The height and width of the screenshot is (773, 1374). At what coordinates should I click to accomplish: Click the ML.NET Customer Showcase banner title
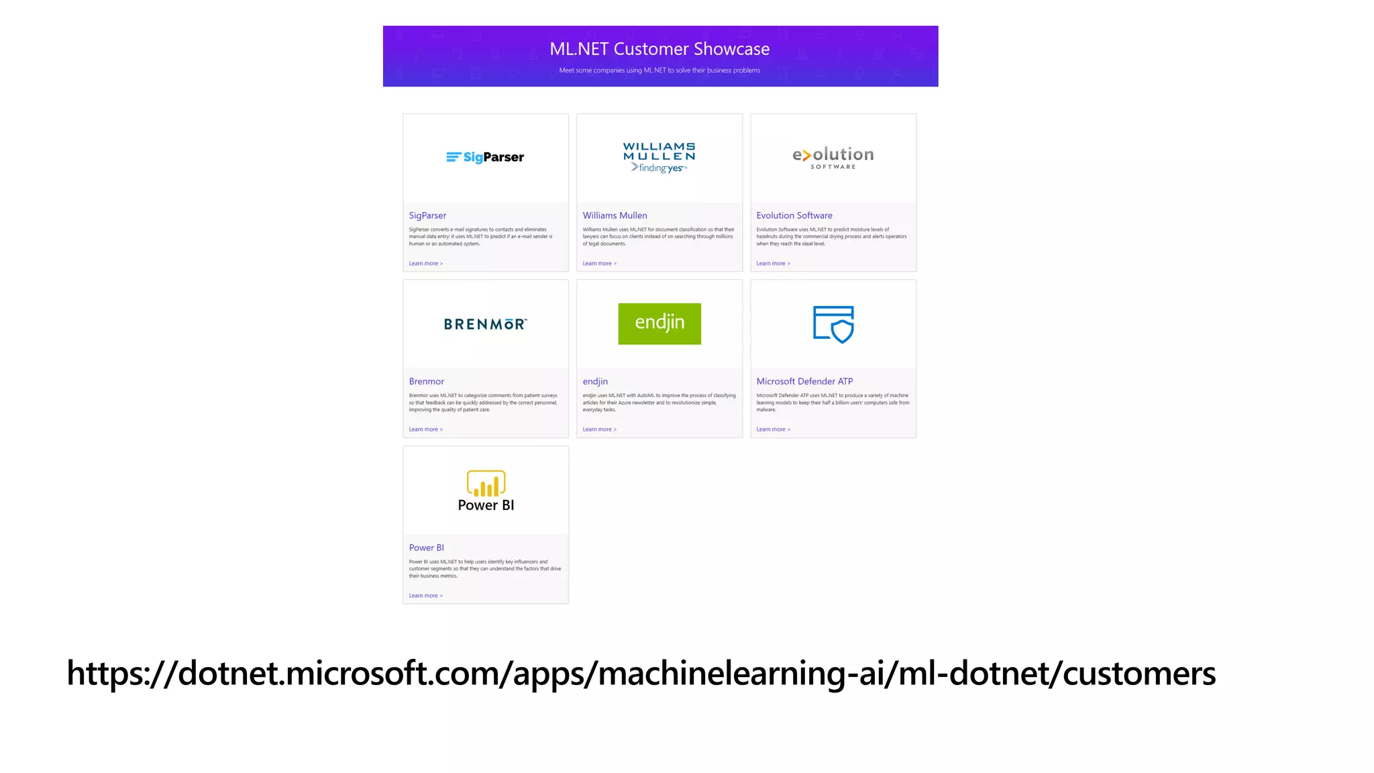[659, 49]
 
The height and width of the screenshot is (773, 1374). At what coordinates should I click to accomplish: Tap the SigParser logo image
[485, 157]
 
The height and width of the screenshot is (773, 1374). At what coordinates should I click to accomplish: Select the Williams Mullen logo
[659, 157]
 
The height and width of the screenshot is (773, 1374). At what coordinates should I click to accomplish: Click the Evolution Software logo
[833, 157]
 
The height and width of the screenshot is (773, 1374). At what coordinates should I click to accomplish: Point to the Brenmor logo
[485, 324]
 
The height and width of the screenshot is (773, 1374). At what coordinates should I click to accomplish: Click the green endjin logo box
[659, 323]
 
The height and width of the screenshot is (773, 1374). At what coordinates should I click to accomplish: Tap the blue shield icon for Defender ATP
[833, 324]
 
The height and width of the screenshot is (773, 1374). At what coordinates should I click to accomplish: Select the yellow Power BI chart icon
[486, 483]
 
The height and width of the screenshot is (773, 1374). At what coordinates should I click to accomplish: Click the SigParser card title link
[427, 215]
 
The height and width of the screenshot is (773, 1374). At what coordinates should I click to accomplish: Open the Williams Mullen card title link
[615, 215]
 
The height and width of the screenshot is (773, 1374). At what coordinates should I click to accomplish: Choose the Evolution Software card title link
[794, 215]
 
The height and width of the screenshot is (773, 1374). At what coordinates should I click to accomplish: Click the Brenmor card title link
[427, 381]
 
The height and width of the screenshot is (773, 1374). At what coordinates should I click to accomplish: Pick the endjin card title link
[595, 381]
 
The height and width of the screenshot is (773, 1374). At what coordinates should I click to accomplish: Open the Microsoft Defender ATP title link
[804, 381]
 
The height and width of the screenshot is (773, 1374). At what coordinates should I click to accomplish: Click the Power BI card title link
[427, 548]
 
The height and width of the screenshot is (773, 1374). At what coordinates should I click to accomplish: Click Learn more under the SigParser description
[425, 264]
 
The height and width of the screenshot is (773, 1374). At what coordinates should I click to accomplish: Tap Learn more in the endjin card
[599, 429]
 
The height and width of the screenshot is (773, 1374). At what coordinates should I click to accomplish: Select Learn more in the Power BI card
[425, 596]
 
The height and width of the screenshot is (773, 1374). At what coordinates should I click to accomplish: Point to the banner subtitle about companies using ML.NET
[659, 70]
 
